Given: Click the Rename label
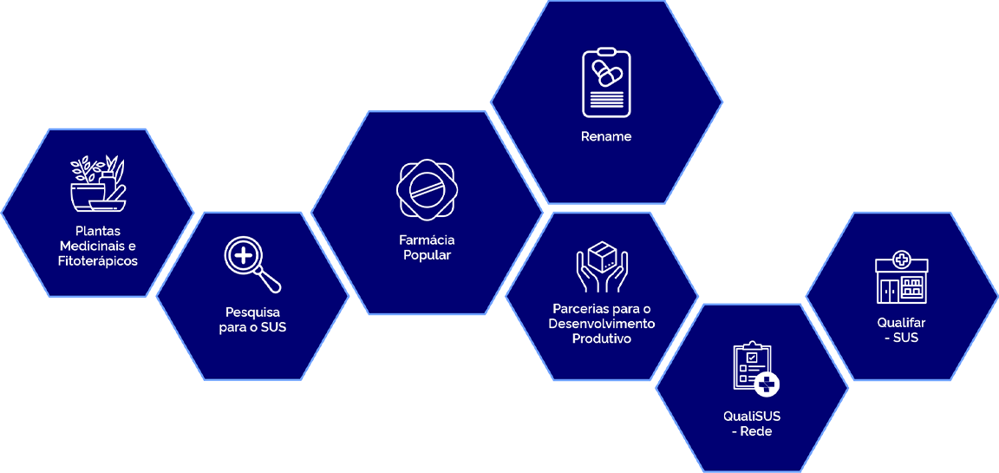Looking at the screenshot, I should coord(606,137).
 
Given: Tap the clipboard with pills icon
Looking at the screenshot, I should coord(606,83).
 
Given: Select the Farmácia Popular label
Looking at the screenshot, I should coord(427,247).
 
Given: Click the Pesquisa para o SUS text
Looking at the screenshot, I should coord(252,319).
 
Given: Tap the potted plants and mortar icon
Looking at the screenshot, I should coord(97,184).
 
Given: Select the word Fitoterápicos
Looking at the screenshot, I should coord(98,260).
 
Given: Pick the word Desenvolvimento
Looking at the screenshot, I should coord(602,324).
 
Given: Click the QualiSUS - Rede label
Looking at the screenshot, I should coord(752,424).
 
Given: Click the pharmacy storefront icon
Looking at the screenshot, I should coord(902,278).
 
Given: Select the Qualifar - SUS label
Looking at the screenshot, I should coord(902,330).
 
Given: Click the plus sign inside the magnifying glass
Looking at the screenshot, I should coord(245,256).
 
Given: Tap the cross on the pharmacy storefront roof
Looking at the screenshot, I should coord(902,259).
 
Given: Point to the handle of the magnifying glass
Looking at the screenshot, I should coord(271,282).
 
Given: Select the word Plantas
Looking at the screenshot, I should coord(98,232).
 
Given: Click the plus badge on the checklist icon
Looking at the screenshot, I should coord(767,384).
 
